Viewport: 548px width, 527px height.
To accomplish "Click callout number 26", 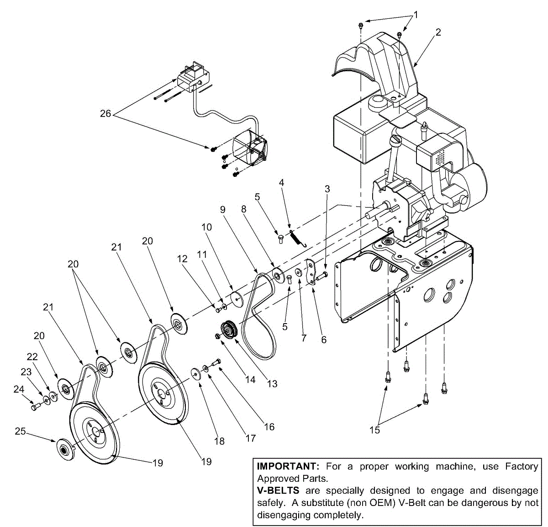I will click(105, 113).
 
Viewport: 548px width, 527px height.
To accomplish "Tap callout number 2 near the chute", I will click(438, 32).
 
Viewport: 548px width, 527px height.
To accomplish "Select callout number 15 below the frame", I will click(374, 430).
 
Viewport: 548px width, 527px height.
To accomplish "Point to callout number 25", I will click(20, 431).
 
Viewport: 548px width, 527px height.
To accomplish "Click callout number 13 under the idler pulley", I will click(272, 383).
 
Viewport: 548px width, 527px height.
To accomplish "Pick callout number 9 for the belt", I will click(223, 210).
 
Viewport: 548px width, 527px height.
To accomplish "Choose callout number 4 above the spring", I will click(282, 182).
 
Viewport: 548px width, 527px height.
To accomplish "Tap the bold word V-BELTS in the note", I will click(278, 491).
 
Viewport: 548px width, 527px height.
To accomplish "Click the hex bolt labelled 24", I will click(34, 406).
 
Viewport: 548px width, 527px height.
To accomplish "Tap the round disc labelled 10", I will click(237, 298).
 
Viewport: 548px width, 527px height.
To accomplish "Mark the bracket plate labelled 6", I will click(311, 272).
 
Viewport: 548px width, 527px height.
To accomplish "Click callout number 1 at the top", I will click(416, 15).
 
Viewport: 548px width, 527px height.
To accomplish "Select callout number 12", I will click(182, 259).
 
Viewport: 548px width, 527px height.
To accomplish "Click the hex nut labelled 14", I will click(218, 337).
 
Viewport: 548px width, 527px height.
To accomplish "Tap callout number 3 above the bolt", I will click(327, 189).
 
